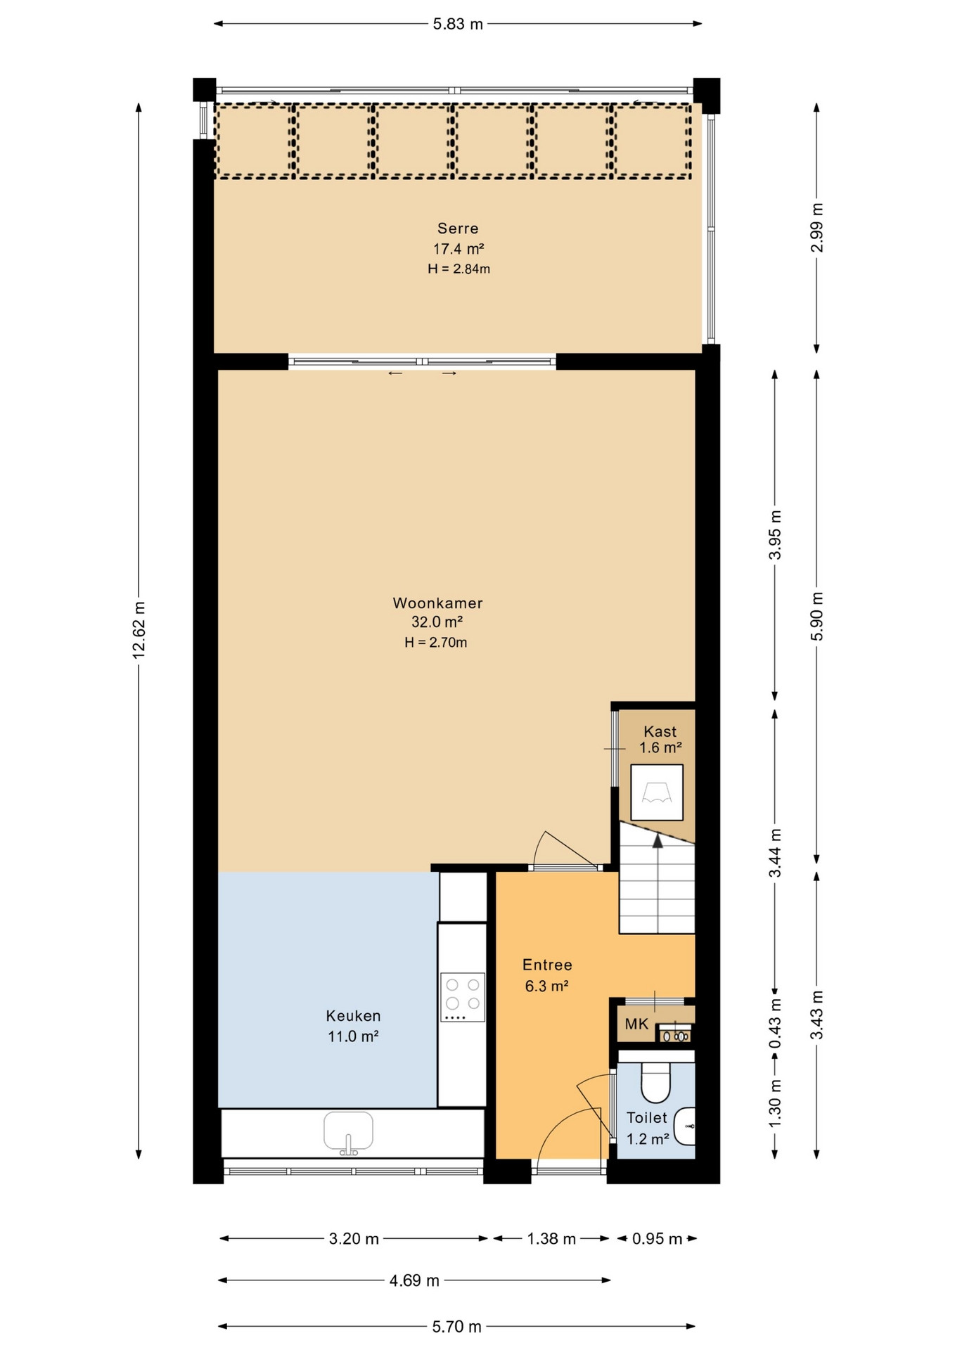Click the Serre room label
pyautogui.click(x=458, y=229)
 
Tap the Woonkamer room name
pyautogui.click(x=437, y=603)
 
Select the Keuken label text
pyautogui.click(x=353, y=1016)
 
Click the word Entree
pyautogui.click(x=547, y=965)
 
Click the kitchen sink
pyautogui.click(x=348, y=1133)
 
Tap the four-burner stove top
pyautogui.click(x=463, y=997)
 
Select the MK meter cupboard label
pyautogui.click(x=636, y=1024)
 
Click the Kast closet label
pyautogui.click(x=660, y=731)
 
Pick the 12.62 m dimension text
pyautogui.click(x=139, y=630)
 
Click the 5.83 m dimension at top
pyautogui.click(x=458, y=24)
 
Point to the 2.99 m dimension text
pyautogui.click(x=816, y=228)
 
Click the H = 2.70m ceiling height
pyautogui.click(x=436, y=642)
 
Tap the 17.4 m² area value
pyautogui.click(x=459, y=249)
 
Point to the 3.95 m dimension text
pyautogui.click(x=775, y=535)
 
